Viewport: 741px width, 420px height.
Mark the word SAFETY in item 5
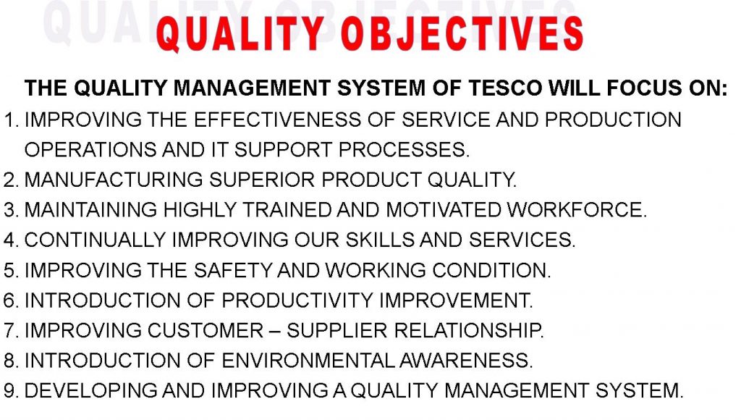pyautogui.click(x=224, y=271)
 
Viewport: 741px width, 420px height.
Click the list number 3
pyautogui.click(x=9, y=210)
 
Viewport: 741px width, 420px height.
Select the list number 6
pyautogui.click(x=9, y=301)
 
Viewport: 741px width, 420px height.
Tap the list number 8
pyautogui.click(x=9, y=361)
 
